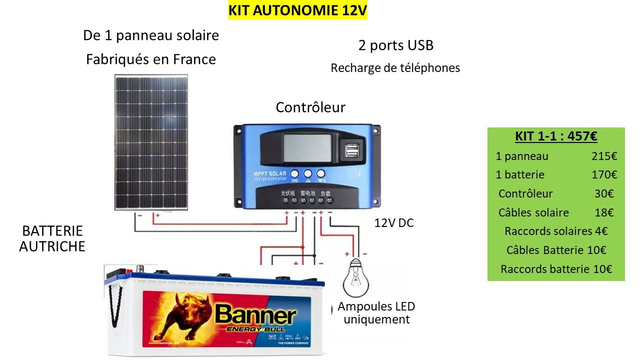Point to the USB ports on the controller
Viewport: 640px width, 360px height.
(355, 152)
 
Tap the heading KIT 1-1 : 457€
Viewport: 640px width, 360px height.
(555, 137)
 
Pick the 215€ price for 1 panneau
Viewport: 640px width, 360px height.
(604, 156)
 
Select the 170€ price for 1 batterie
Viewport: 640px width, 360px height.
(604, 175)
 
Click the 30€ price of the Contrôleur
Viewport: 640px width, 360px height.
(604, 194)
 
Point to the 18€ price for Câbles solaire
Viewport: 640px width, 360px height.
(604, 213)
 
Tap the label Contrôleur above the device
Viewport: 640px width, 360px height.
(310, 107)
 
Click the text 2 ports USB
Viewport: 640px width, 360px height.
(395, 46)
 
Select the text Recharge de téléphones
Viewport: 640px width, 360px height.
(395, 68)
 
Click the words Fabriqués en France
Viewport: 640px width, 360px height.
(151, 59)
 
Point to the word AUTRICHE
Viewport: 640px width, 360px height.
(52, 246)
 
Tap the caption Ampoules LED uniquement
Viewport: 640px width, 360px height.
(375, 312)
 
